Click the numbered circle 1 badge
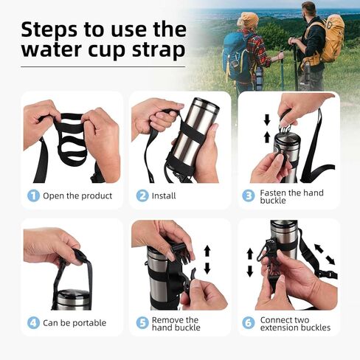click(x=32, y=195)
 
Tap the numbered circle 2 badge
click(x=142, y=195)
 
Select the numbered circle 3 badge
click(x=249, y=195)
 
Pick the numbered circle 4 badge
click(x=32, y=322)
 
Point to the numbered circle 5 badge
click(x=142, y=323)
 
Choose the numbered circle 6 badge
click(x=249, y=323)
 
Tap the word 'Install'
click(x=164, y=195)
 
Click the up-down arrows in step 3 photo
click(x=266, y=128)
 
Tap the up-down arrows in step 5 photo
click(x=207, y=260)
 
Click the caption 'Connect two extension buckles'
click(x=294, y=323)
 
